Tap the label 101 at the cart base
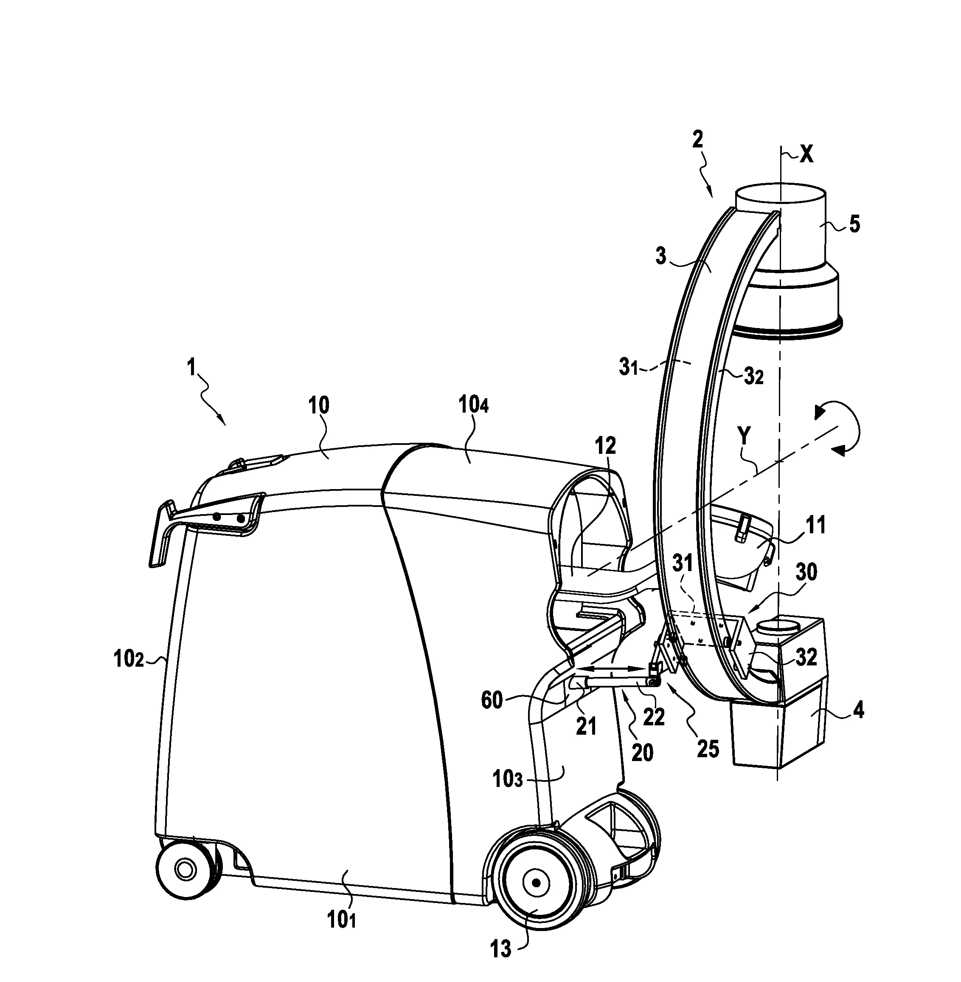pos(343,920)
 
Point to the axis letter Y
pos(744,436)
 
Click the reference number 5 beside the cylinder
pos(854,224)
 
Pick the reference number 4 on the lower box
pos(857,711)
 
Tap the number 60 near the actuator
pos(492,701)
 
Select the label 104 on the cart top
pos(473,405)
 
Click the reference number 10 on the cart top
pos(318,405)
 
